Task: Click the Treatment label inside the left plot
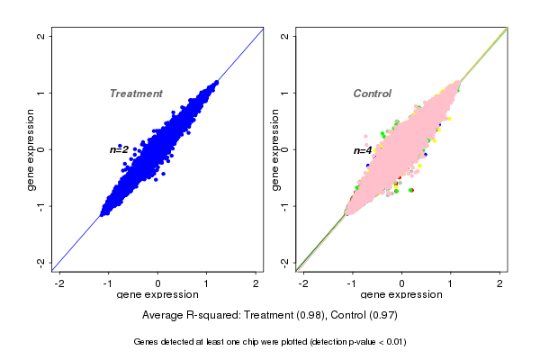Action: pyautogui.click(x=136, y=94)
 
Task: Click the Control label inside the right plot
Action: pyautogui.click(x=372, y=94)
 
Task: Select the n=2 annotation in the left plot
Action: pyautogui.click(x=119, y=149)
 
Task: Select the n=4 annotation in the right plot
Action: pyautogui.click(x=363, y=150)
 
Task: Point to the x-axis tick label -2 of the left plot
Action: pyautogui.click(x=60, y=283)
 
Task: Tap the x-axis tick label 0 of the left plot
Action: pyautogui.click(x=157, y=283)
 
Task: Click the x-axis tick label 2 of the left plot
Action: pyautogui.click(x=256, y=283)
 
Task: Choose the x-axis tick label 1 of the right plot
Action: pyautogui.click(x=452, y=283)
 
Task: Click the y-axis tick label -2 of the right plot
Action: pyautogui.click(x=285, y=262)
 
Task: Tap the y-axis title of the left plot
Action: pyautogui.click(x=31, y=149)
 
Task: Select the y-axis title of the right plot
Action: pyautogui.click(x=275, y=149)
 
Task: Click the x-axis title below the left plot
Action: pyautogui.click(x=157, y=295)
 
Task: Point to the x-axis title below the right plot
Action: pyautogui.click(x=401, y=295)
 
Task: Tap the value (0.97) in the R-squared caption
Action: pyautogui.click(x=382, y=316)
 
